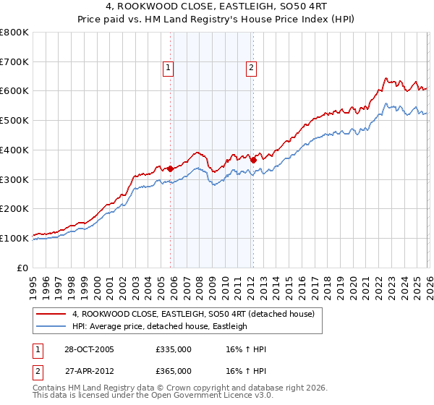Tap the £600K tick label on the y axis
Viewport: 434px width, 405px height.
pyautogui.click(x=14, y=91)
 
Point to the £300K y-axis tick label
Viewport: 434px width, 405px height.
pyautogui.click(x=14, y=179)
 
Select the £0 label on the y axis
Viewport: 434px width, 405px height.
pyautogui.click(x=22, y=268)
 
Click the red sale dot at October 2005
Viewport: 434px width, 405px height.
pyautogui.click(x=171, y=169)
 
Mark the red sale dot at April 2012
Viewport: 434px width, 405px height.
pyautogui.click(x=253, y=160)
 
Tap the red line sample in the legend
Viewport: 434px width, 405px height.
pyautogui.click(x=51, y=315)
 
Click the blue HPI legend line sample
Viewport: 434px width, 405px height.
pyautogui.click(x=51, y=326)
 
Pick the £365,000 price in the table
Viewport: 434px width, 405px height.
pyautogui.click(x=174, y=371)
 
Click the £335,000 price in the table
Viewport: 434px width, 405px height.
pyautogui.click(x=174, y=349)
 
